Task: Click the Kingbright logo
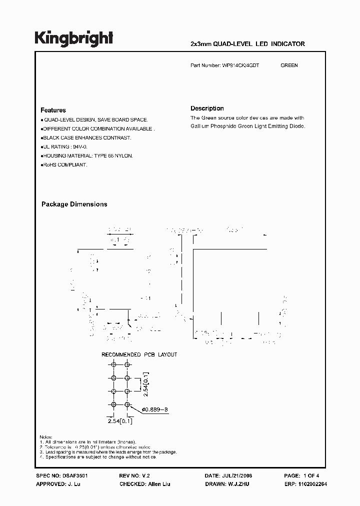[x=73, y=38]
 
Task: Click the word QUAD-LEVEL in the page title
[x=234, y=44]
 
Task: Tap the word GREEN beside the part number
[x=289, y=65]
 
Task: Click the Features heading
[x=53, y=110]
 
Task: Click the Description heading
[x=207, y=108]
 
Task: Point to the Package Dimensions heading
[x=74, y=204]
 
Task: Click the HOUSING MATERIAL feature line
[x=87, y=156]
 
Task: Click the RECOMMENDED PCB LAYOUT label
[x=139, y=354]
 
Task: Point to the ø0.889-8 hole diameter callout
[x=155, y=410]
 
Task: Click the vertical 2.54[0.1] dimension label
[x=145, y=384]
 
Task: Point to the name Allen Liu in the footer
[x=158, y=484]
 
